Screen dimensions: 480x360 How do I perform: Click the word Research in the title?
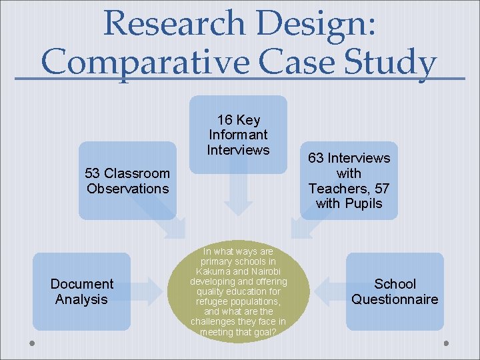coord(175,23)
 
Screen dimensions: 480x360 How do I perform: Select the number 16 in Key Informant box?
coord(225,120)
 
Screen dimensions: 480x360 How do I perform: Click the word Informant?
coord(238,135)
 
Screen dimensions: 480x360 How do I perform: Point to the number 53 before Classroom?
coord(93,173)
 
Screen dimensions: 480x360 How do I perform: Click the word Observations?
coord(128,189)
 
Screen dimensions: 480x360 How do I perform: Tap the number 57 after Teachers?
coord(381,189)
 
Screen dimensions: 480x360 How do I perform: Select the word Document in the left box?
coord(82,284)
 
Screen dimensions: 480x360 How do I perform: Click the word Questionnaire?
coord(395,299)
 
